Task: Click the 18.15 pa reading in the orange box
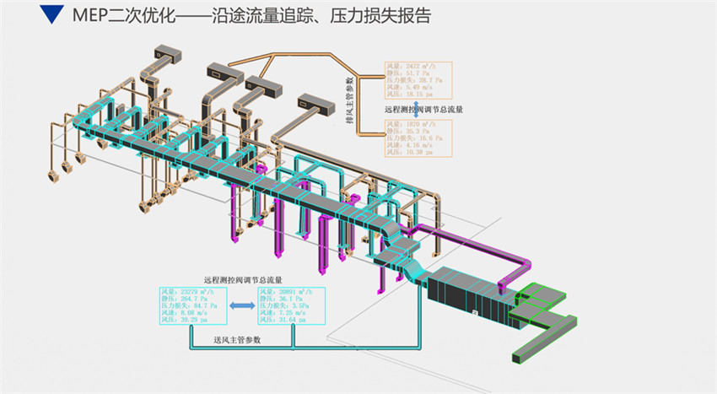pos(408,95)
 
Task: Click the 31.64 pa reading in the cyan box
pos(283,321)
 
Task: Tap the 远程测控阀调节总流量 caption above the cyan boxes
pos(242,278)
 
